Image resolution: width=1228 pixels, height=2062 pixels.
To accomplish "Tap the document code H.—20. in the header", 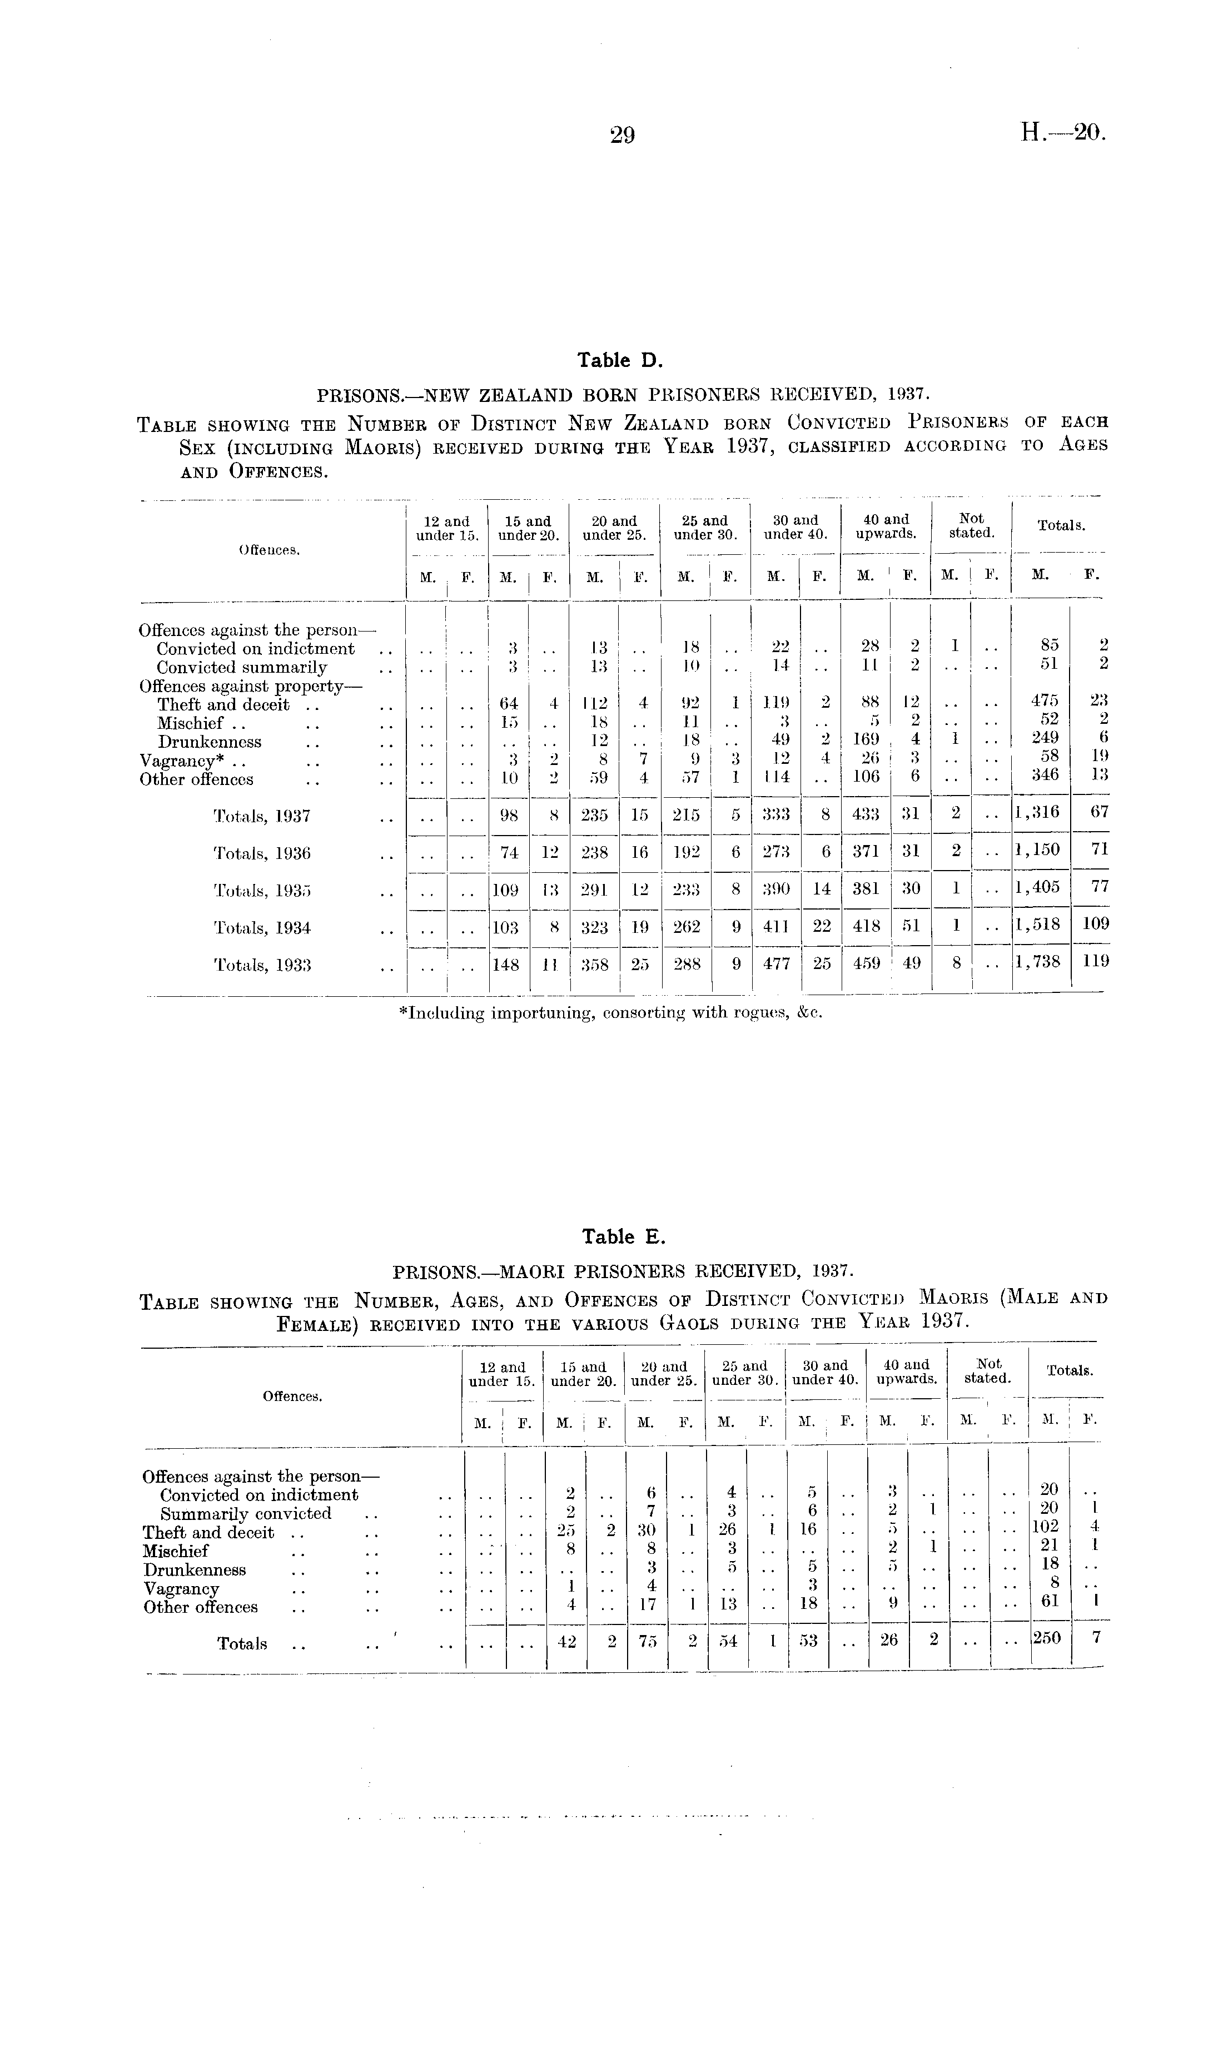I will [x=1062, y=132].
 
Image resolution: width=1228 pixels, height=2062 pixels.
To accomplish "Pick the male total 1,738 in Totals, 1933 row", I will [x=1041, y=961].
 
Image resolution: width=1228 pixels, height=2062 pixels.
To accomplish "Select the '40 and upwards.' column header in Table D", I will [x=886, y=527].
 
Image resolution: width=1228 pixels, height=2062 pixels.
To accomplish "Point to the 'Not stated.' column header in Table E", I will [x=988, y=1373].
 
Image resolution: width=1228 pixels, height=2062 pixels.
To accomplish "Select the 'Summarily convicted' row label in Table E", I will [x=246, y=1513].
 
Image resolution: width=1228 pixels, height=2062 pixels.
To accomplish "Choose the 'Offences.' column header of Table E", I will [x=292, y=1396].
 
